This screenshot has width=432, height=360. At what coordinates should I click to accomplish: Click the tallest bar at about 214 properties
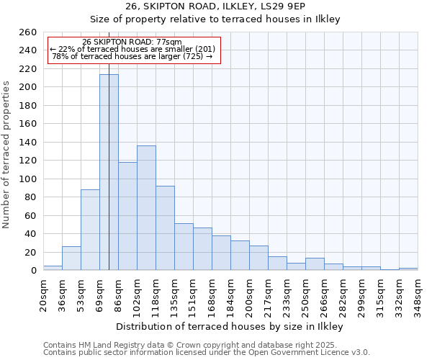(x=109, y=173)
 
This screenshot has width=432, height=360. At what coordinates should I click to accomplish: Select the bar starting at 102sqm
(x=146, y=208)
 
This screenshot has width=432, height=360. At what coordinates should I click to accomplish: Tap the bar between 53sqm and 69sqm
(x=90, y=230)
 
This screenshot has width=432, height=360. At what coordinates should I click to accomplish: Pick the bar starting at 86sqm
(x=127, y=216)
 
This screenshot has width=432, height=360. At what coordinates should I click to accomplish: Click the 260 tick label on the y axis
(x=28, y=32)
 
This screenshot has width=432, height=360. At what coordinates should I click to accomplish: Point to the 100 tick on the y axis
(x=28, y=179)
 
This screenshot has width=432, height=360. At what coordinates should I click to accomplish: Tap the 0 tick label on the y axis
(x=33, y=271)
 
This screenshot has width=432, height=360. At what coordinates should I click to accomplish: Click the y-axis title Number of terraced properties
(x=6, y=155)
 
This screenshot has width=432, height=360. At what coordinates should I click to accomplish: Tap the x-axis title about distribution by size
(x=230, y=326)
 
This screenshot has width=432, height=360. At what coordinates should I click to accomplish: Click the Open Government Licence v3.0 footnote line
(x=207, y=353)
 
